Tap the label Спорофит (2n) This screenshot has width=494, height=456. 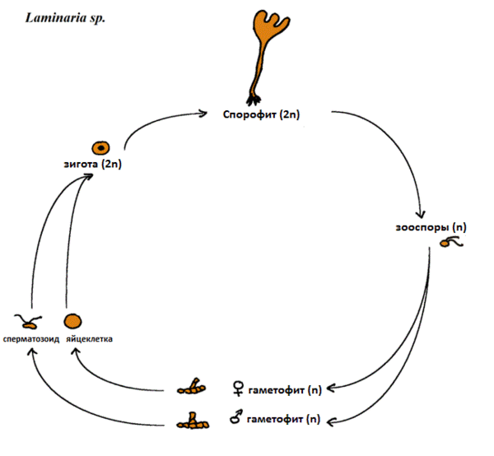tap(261, 114)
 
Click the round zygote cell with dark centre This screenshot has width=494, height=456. tap(100, 148)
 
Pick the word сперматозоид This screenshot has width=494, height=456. tap(30, 338)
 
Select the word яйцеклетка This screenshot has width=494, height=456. tap(90, 338)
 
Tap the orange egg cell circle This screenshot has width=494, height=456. tap(73, 321)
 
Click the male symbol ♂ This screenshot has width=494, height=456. tap(238, 419)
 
